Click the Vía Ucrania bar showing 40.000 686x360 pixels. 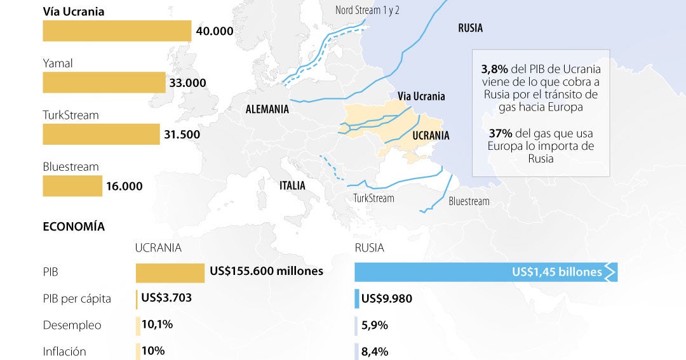[117, 31]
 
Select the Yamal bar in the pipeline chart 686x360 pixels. [104, 83]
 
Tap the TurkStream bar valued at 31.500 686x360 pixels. [101, 134]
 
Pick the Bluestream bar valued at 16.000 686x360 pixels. [72, 186]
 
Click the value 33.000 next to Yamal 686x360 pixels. [187, 83]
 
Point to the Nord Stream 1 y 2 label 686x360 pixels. [367, 11]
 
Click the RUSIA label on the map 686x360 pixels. [470, 28]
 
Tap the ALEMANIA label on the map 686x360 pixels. [267, 109]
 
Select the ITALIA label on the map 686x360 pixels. [292, 186]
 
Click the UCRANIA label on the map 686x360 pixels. [431, 136]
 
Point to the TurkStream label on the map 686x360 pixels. [373, 198]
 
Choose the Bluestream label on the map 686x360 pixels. [469, 201]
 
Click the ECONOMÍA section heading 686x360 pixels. [74, 227]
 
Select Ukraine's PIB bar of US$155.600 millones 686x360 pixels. [170, 273]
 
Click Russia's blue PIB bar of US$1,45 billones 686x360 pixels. [483, 272]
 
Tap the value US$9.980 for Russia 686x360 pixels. [383, 298]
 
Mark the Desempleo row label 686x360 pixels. [72, 325]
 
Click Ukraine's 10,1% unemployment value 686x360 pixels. [157, 324]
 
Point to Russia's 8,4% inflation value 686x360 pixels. [375, 351]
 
